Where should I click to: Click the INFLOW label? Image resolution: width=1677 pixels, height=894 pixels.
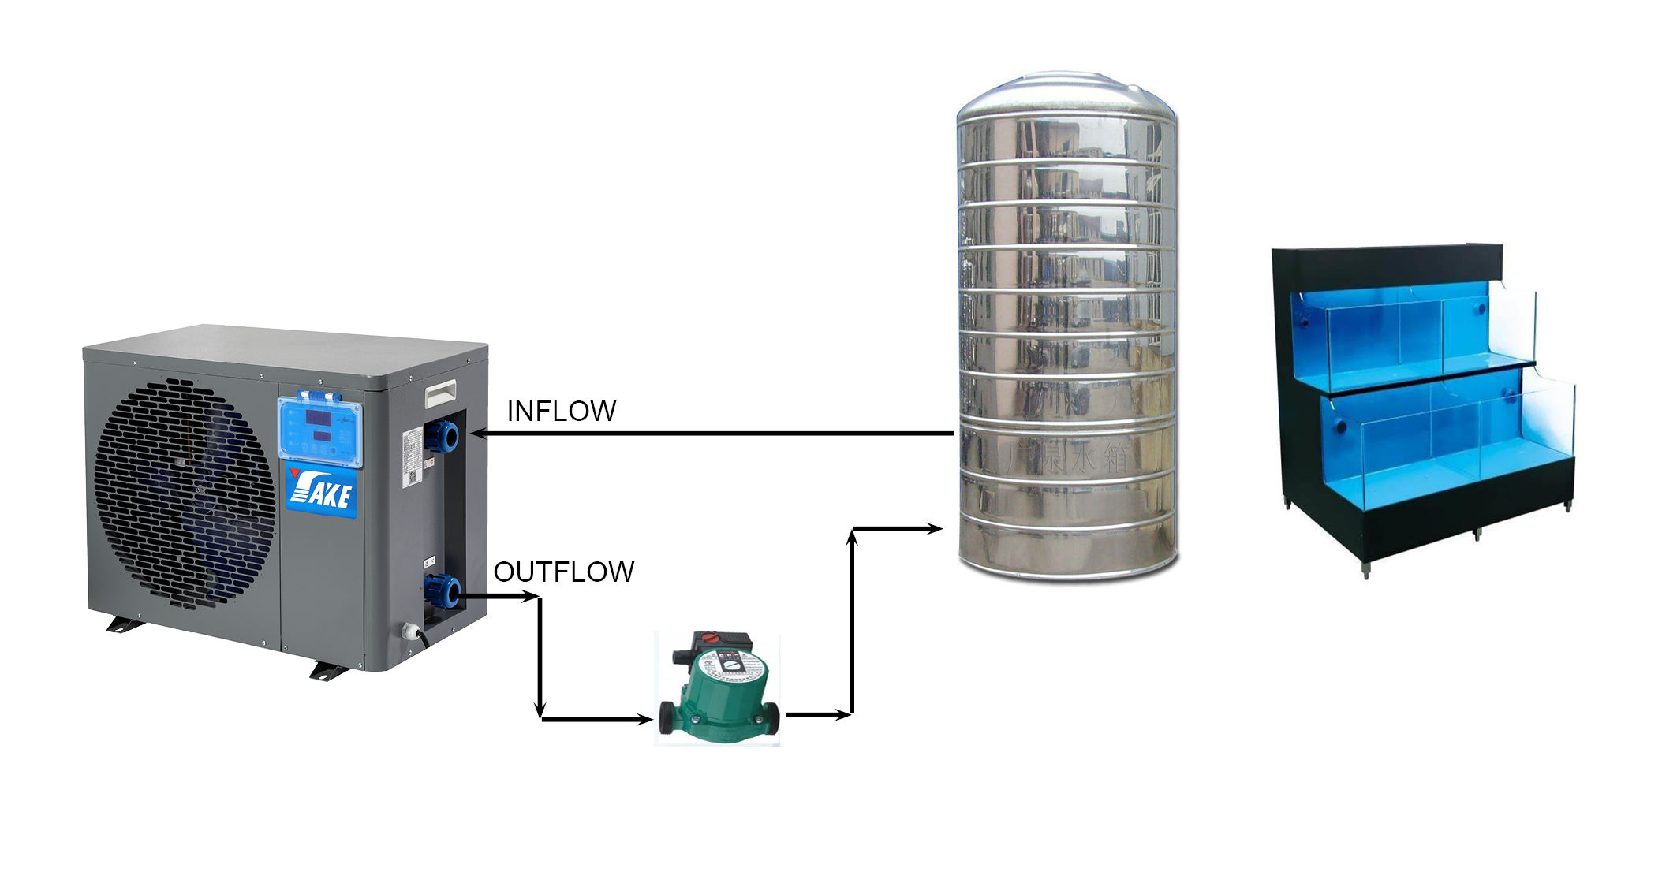click(x=561, y=412)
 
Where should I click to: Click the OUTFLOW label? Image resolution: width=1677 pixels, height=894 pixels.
click(x=563, y=572)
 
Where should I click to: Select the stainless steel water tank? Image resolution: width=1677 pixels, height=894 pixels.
click(x=1066, y=331)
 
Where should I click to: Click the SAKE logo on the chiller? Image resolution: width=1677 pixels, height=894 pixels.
click(x=321, y=491)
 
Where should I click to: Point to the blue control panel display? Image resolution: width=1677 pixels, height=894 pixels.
click(x=319, y=430)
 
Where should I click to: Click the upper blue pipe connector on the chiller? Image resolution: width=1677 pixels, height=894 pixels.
click(x=442, y=435)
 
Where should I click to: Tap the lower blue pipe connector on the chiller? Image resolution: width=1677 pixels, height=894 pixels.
click(x=442, y=591)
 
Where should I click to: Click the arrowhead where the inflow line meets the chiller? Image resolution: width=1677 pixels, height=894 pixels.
click(x=476, y=434)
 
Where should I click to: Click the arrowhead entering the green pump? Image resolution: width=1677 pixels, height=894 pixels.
click(x=646, y=719)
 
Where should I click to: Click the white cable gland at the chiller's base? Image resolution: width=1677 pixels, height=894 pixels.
click(x=411, y=631)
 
